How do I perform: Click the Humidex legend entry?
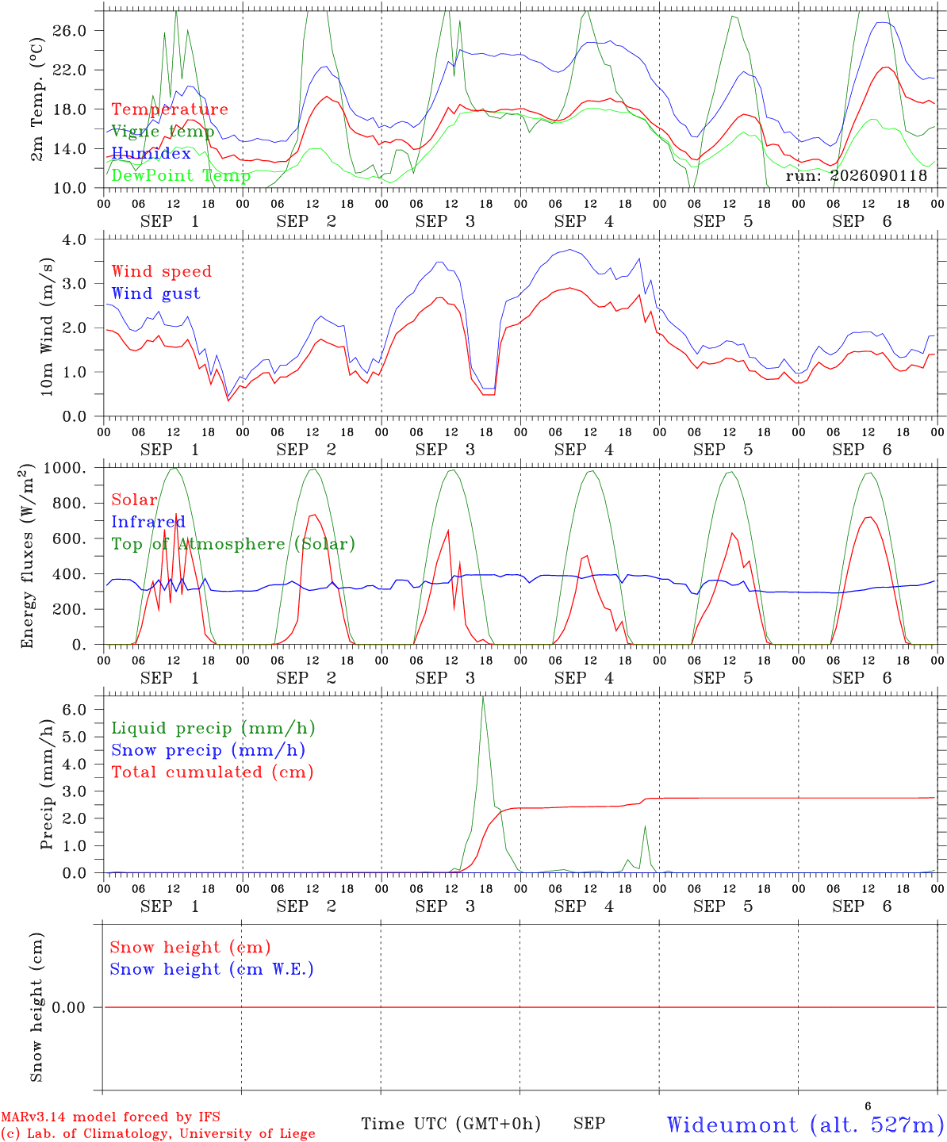[151, 153]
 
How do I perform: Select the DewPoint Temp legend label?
[181, 175]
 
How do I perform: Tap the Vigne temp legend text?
[163, 132]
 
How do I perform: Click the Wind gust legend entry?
[156, 293]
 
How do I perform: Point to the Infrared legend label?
[148, 522]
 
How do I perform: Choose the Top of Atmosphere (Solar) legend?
[234, 544]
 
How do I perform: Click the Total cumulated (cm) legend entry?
[213, 772]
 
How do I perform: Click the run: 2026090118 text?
[856, 175]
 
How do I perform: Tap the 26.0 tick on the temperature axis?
[70, 31]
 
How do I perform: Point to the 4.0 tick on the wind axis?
[74, 240]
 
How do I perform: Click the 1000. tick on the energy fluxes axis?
[65, 468]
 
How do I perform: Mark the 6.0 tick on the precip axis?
[74, 709]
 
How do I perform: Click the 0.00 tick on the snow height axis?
[69, 1007]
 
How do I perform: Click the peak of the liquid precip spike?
[482, 697]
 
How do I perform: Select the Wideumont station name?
[732, 1124]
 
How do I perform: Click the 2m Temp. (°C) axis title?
[36, 100]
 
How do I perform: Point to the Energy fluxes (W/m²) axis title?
[27, 556]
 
